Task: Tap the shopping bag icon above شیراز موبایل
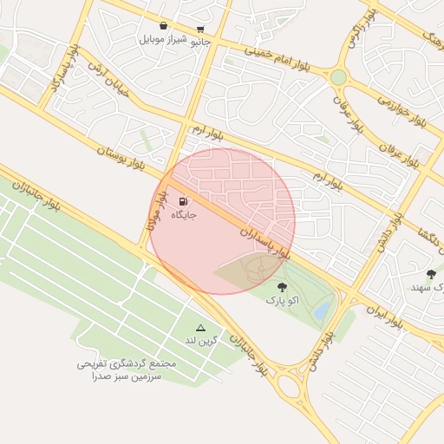165,26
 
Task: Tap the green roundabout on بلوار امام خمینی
338,77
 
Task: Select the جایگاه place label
184,214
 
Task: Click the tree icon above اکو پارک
281,287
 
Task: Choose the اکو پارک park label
281,300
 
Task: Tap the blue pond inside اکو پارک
322,308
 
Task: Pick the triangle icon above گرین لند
201,328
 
